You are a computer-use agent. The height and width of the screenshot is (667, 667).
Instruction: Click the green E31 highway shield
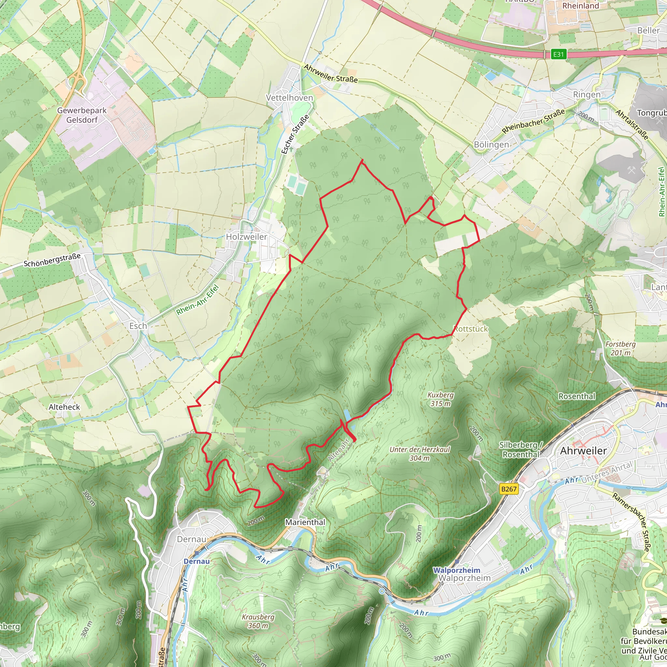(x=558, y=54)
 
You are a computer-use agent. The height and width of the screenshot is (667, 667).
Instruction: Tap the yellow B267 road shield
(x=509, y=489)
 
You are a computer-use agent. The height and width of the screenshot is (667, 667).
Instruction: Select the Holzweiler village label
(x=246, y=237)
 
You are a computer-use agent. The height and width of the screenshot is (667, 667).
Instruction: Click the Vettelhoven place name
(x=289, y=98)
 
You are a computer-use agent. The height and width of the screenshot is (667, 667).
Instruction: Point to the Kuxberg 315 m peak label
(x=441, y=399)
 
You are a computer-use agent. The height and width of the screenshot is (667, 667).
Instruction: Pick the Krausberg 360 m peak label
(x=258, y=621)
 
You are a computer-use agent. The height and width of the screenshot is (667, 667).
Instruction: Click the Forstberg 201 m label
(x=620, y=348)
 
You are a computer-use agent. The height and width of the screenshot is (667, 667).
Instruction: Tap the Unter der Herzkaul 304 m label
(x=419, y=454)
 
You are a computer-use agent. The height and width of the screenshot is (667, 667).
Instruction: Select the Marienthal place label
(x=305, y=522)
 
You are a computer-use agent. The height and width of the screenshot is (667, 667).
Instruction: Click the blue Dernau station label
(x=196, y=561)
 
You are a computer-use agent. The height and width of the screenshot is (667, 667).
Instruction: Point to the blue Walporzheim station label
(x=456, y=570)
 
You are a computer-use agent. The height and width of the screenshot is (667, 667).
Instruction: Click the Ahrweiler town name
(x=583, y=451)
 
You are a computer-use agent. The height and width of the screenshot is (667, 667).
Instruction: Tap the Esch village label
(x=138, y=326)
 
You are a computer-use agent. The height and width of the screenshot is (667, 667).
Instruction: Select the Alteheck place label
(x=64, y=407)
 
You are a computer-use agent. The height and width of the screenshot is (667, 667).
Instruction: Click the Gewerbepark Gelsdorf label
(x=82, y=115)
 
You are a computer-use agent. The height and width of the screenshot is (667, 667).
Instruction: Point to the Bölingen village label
(x=491, y=145)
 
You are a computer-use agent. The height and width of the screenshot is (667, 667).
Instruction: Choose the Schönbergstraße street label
(x=52, y=260)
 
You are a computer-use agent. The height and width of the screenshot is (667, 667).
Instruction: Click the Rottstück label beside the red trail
(x=471, y=329)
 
